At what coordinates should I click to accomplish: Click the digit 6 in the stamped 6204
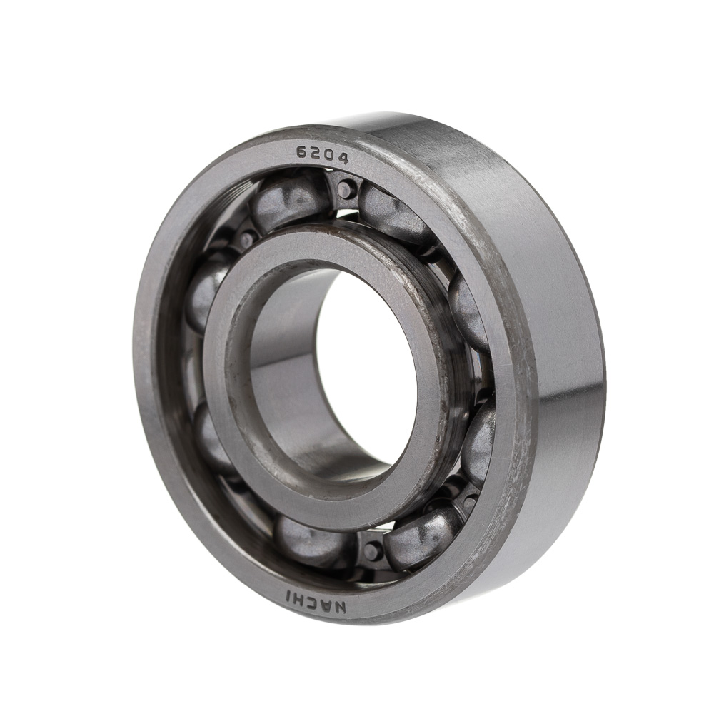(301, 151)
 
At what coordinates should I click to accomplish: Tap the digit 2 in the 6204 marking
(315, 153)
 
